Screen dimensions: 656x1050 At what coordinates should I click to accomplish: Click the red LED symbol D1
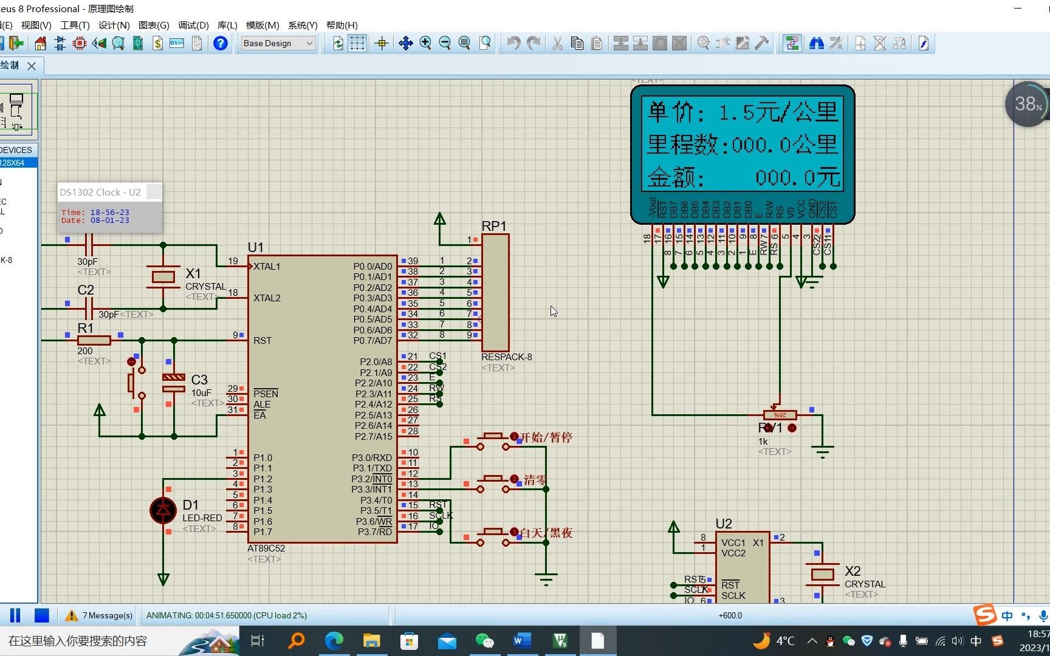(163, 510)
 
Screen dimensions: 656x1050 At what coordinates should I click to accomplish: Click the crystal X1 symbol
(163, 277)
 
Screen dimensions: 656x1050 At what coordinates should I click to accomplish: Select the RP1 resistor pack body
(495, 292)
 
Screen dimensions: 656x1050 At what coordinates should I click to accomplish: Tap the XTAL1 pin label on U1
(267, 267)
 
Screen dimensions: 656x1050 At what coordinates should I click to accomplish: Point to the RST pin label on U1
(262, 341)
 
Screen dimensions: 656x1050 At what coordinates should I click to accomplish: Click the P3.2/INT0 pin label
(372, 479)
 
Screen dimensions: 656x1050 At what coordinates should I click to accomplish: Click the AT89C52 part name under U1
(266, 548)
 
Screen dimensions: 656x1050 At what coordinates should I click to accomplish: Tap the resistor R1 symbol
(94, 341)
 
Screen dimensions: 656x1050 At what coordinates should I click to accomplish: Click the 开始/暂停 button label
(546, 437)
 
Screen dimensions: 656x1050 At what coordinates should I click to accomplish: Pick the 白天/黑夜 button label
(546, 533)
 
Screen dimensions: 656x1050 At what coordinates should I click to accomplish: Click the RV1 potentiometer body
(780, 415)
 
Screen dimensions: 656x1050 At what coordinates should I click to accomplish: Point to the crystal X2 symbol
(822, 574)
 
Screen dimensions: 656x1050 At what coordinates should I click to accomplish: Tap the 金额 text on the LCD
(674, 178)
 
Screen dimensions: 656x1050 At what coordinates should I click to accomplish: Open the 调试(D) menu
(193, 26)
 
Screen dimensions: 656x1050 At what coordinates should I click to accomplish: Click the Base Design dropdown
(278, 43)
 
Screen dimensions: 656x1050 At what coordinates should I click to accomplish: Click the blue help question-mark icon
(221, 43)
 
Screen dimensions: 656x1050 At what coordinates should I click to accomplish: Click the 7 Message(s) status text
(107, 616)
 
